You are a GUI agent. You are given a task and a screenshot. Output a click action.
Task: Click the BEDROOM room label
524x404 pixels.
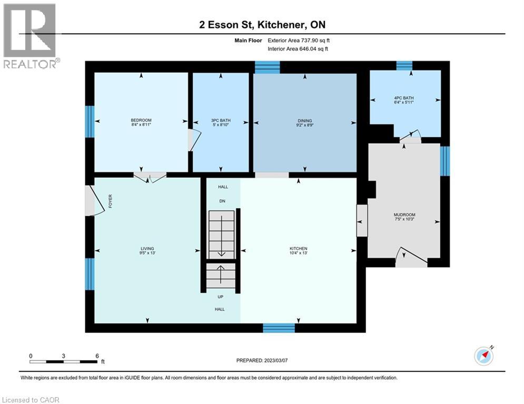pyautogui.click(x=141, y=120)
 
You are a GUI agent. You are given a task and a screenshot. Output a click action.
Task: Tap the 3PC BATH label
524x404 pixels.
pyautogui.click(x=221, y=120)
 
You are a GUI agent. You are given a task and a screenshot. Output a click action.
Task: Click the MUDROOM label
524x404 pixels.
pyautogui.click(x=404, y=215)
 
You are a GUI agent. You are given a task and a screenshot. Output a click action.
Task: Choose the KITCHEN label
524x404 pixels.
pyautogui.click(x=298, y=248)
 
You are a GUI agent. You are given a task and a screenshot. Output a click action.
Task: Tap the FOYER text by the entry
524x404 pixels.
pyautogui.click(x=111, y=201)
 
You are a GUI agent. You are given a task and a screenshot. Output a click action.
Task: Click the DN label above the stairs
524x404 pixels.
pyautogui.click(x=222, y=200)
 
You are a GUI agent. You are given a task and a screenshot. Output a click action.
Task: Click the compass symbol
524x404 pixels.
pyautogui.click(x=483, y=356)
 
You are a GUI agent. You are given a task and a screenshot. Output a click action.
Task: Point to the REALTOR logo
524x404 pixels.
pyautogui.click(x=31, y=36)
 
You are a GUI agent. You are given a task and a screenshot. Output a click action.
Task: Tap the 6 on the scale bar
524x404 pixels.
pyautogui.click(x=97, y=355)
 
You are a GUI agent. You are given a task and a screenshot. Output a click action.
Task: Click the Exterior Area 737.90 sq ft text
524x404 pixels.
pyautogui.click(x=299, y=40)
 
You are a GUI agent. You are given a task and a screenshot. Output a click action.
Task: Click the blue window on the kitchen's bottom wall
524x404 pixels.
pyautogui.click(x=279, y=328)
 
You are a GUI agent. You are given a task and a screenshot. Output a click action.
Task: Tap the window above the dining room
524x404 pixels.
pyautogui.click(x=267, y=67)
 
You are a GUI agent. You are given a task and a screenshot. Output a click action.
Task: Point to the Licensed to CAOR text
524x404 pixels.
pyautogui.click(x=31, y=400)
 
